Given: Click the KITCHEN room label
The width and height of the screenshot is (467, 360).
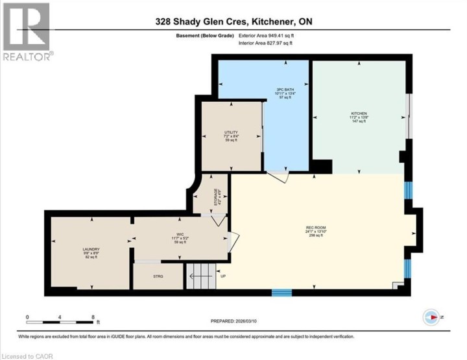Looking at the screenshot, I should pyautogui.click(x=359, y=114).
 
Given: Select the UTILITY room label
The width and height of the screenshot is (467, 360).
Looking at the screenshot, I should pyautogui.click(x=230, y=134).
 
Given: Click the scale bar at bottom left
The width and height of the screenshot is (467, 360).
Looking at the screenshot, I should pyautogui.click(x=62, y=320).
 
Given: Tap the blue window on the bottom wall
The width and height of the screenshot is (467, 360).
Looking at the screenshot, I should pyautogui.click(x=281, y=293).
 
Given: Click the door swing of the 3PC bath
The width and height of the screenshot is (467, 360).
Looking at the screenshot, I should pyautogui.click(x=279, y=175).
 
